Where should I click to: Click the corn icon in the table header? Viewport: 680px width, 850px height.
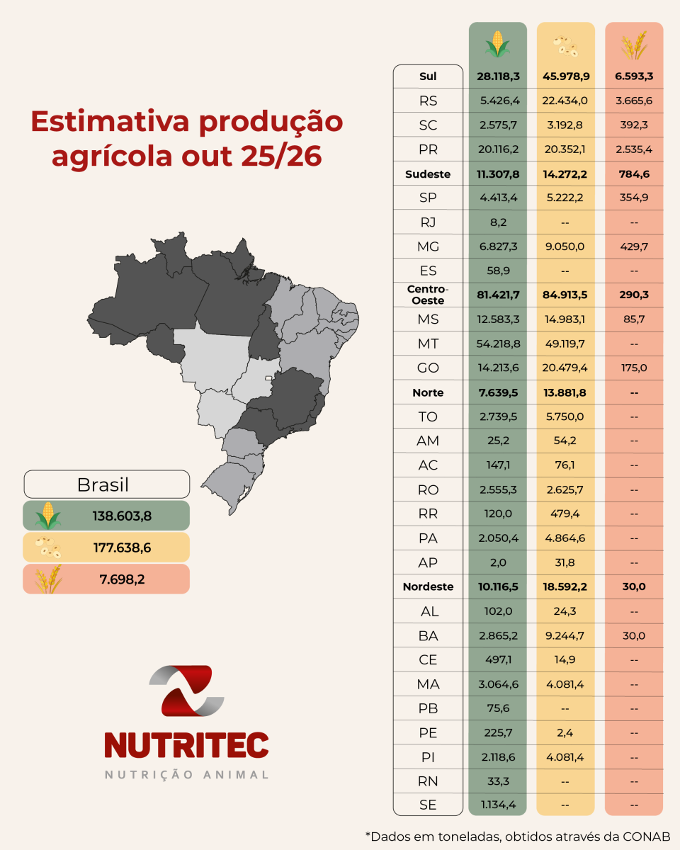coord(498,44)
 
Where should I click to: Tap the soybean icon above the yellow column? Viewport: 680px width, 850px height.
coord(566,44)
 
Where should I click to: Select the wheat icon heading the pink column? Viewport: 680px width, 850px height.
coord(633,44)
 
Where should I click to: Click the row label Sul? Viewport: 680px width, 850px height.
coord(428,76)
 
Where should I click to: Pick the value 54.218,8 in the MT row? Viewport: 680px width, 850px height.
coord(498,344)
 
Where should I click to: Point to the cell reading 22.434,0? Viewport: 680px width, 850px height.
coord(566,101)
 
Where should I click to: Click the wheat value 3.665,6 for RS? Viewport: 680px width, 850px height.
coord(633,101)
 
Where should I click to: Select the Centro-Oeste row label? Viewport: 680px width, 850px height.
coord(428,295)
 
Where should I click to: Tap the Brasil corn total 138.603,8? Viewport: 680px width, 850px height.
coord(122,516)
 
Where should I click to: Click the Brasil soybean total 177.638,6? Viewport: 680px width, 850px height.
coord(122,548)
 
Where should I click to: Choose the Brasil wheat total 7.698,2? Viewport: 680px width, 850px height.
coord(122,579)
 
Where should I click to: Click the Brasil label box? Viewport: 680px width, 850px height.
coord(107,485)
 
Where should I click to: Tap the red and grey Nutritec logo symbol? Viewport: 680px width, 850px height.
coord(186,690)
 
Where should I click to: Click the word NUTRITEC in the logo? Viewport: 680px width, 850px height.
coord(186,744)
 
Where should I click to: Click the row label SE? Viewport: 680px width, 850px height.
coord(428,805)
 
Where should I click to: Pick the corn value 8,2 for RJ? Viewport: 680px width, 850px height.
coord(498,222)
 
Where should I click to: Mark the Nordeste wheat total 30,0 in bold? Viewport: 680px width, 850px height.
coord(633,586)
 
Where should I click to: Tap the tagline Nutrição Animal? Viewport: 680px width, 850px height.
coord(186,775)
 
